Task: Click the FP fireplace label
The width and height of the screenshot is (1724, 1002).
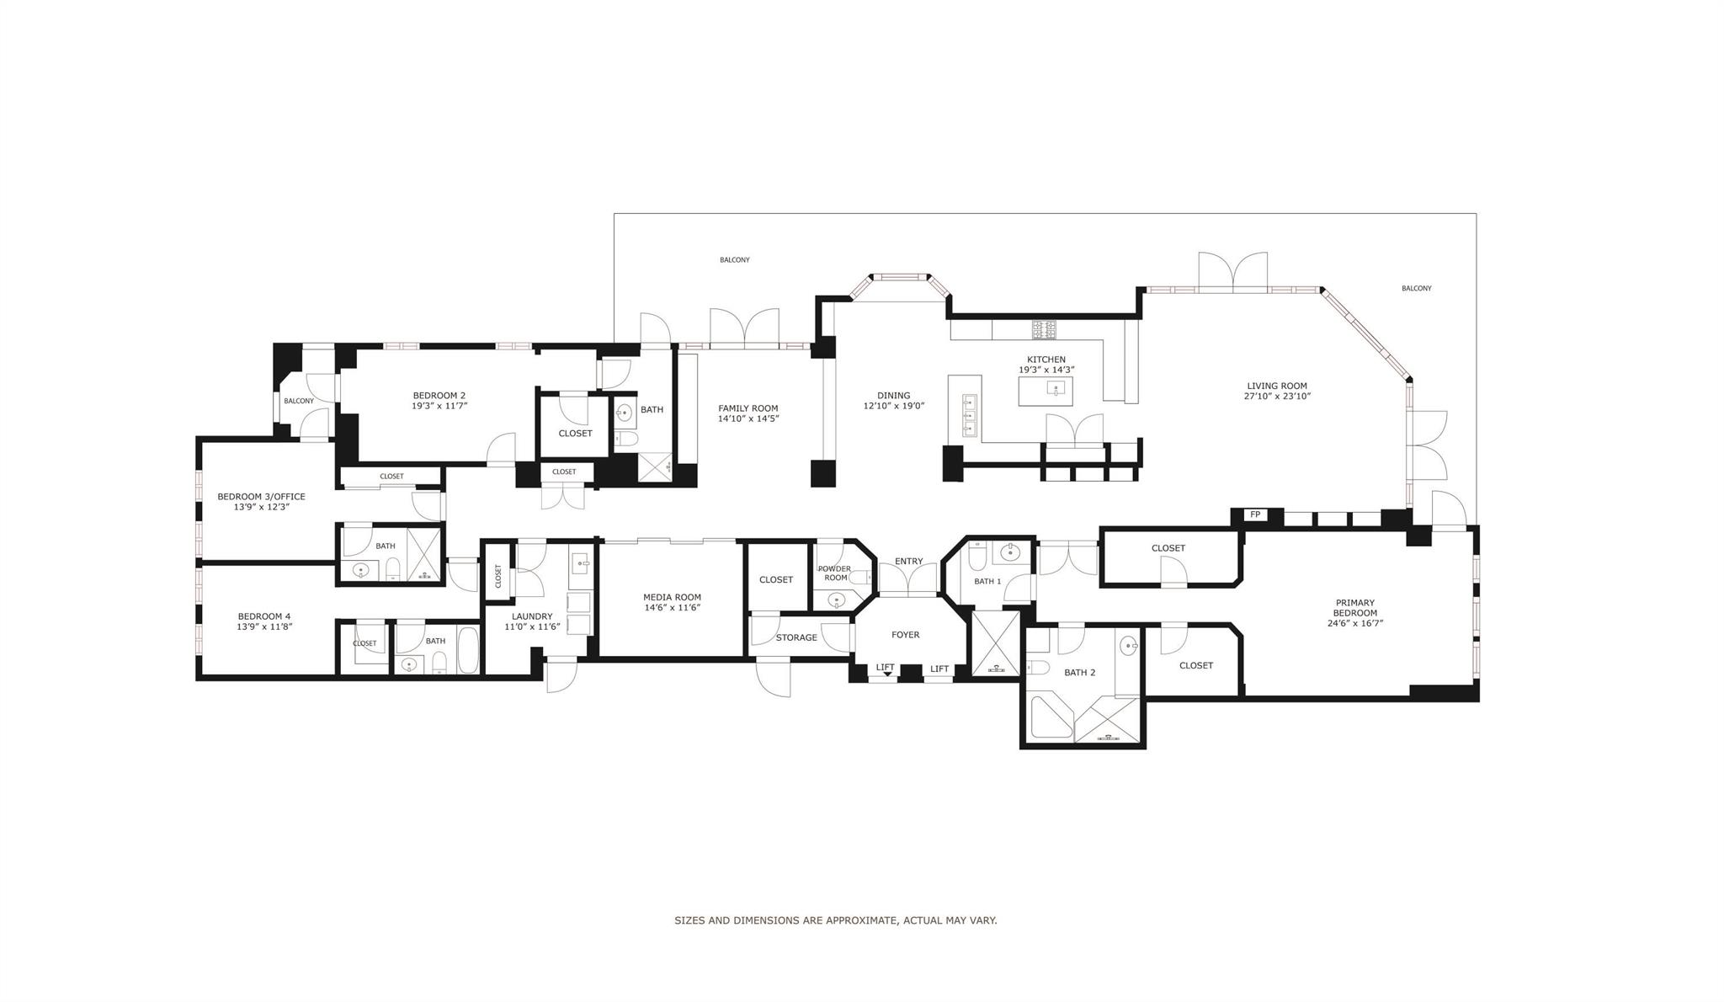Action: [x=1255, y=514]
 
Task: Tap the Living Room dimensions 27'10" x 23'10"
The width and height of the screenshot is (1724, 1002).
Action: [x=1277, y=397]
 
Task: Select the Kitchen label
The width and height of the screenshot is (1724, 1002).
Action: [x=1046, y=360]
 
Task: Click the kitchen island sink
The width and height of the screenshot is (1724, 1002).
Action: [x=1055, y=389]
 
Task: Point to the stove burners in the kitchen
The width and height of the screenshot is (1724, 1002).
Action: [x=1044, y=329]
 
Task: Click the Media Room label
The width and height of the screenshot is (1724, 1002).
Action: [x=672, y=597]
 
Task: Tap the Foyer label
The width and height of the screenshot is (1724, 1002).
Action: [x=906, y=635]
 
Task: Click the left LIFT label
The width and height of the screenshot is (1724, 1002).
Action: [x=885, y=667]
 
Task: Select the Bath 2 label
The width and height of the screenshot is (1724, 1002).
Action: [x=1079, y=673]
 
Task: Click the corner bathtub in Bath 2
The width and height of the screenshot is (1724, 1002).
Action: [x=1051, y=717]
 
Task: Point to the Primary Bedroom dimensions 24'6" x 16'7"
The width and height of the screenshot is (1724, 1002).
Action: [x=1354, y=624]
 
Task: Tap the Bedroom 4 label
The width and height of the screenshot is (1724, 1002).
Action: [x=263, y=616]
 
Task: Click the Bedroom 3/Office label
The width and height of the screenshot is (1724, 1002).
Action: [x=261, y=497]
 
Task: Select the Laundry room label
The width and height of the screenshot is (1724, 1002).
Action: [x=532, y=616]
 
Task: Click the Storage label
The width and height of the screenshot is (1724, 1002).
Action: [x=796, y=637]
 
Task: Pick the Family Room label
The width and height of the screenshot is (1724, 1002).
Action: [x=748, y=408]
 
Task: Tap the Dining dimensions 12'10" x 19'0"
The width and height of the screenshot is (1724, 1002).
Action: [x=893, y=406]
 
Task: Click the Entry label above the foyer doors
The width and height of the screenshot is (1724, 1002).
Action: [x=908, y=562]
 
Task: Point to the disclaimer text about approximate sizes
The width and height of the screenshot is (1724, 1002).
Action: [x=835, y=920]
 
